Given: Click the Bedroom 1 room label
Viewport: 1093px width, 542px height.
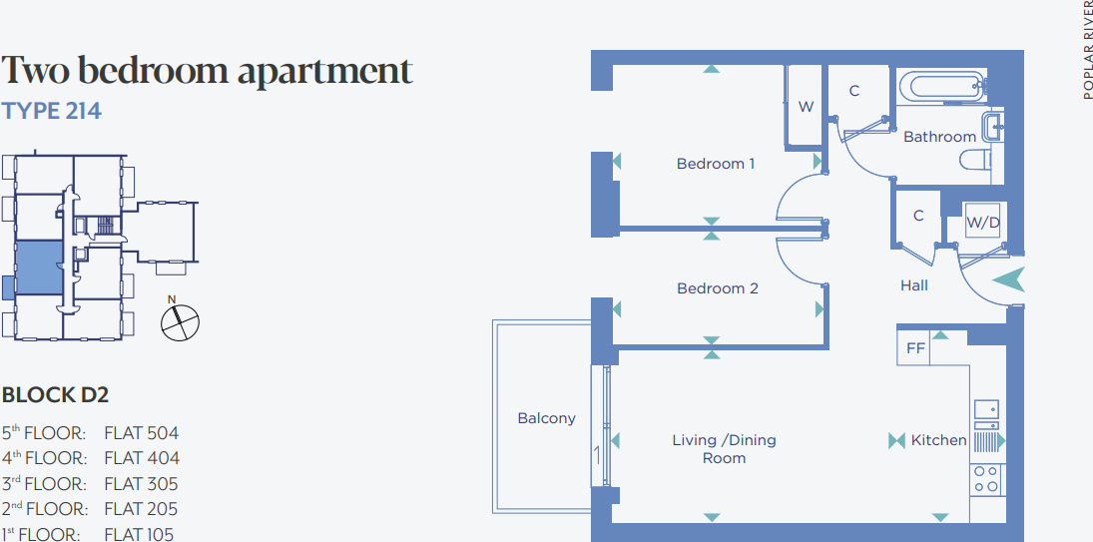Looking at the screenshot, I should tap(716, 164).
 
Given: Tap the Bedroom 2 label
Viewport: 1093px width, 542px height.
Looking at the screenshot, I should tap(718, 288).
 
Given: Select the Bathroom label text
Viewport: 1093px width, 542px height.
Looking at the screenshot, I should tap(939, 137).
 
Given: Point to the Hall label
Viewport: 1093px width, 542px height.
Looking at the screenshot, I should tap(913, 285).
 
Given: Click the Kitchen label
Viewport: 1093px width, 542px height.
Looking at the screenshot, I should tap(938, 440).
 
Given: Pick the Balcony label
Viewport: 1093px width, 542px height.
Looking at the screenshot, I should tap(546, 418).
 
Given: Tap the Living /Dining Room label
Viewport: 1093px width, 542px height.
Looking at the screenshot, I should tap(724, 449).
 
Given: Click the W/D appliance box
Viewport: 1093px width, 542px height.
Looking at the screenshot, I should tap(982, 223).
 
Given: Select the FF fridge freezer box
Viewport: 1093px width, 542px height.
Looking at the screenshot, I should tap(915, 349).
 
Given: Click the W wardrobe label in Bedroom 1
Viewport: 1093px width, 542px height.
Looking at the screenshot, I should tap(806, 107).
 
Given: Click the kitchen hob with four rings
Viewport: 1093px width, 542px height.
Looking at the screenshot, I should tap(986, 480).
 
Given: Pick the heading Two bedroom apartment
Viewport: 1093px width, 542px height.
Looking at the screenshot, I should tap(207, 71).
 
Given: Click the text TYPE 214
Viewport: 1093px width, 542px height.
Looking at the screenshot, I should tap(52, 111).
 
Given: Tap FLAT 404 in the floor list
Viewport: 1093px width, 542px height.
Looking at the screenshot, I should tap(142, 458).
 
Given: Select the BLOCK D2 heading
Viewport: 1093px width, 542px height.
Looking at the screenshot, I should tap(55, 395).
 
